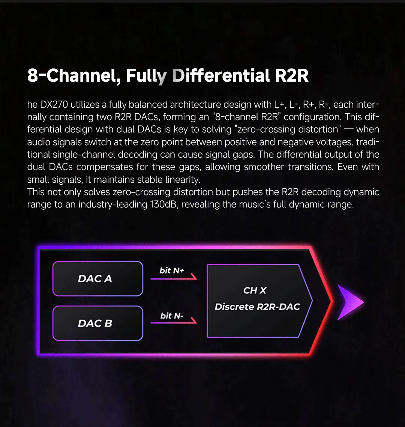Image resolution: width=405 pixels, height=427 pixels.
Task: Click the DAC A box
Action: click(97, 278)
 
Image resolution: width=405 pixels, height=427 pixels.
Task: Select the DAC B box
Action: click(97, 323)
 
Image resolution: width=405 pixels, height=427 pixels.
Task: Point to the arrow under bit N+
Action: click(174, 278)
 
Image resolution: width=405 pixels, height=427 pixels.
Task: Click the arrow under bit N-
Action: click(174, 322)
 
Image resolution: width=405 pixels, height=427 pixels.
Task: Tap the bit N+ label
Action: click(172, 271)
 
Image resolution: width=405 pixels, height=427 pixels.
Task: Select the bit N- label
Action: click(172, 316)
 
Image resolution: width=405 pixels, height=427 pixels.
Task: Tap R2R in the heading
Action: click(291, 75)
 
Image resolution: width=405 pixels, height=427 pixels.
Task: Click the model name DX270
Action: click(54, 104)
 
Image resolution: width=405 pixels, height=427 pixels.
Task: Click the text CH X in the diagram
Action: click(255, 290)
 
